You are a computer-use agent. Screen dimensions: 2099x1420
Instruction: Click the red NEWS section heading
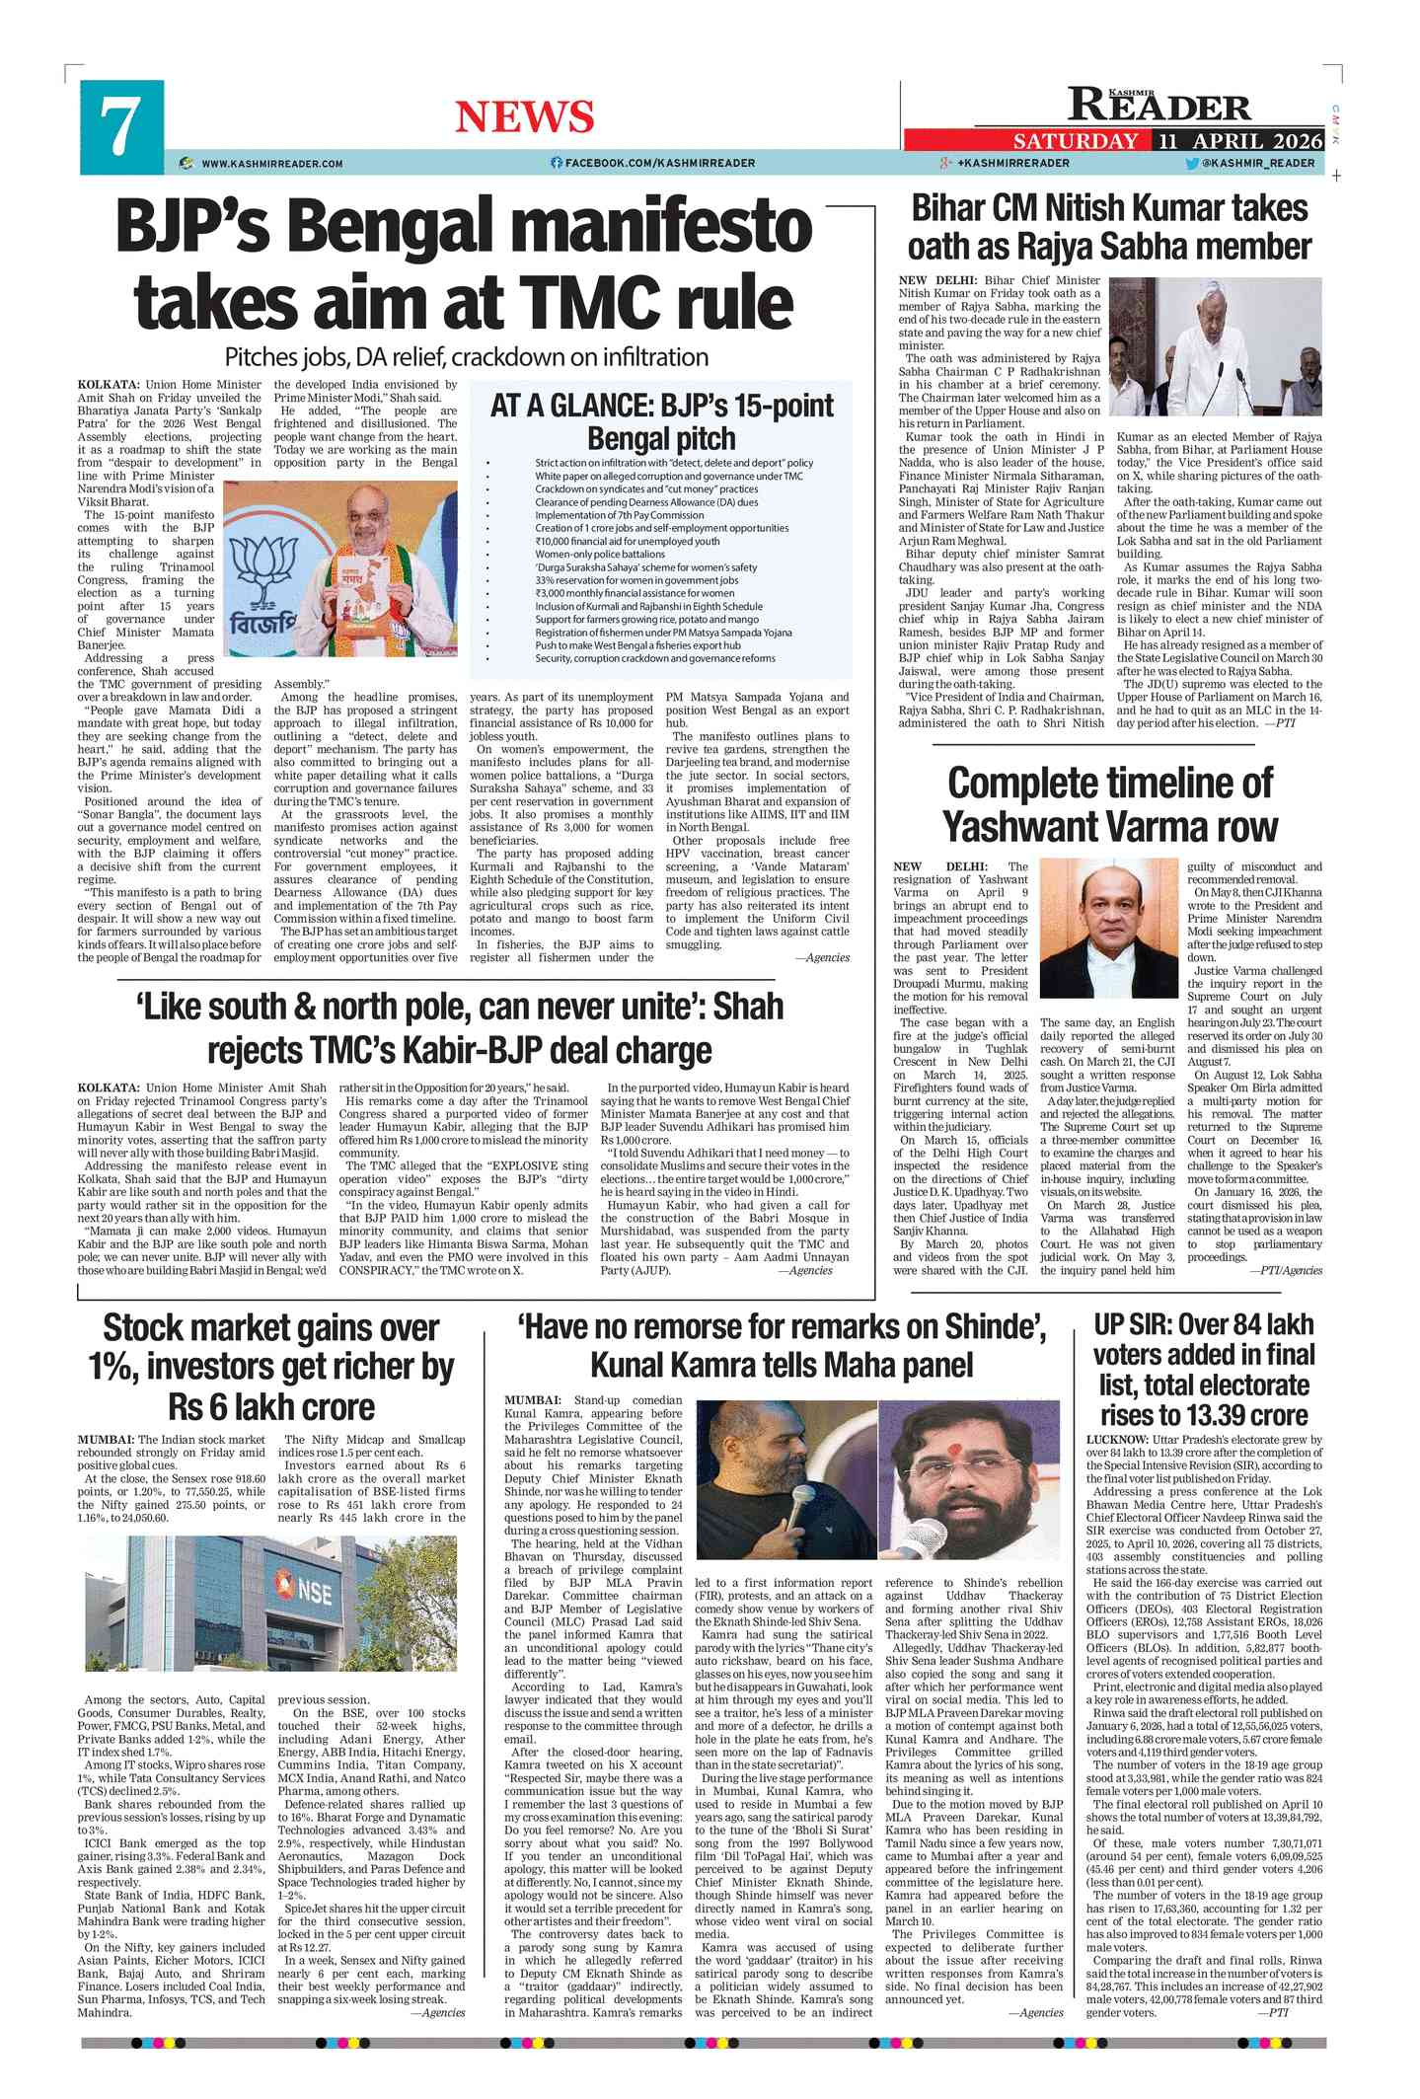(x=524, y=117)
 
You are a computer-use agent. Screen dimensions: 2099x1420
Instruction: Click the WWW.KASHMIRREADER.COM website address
(x=271, y=164)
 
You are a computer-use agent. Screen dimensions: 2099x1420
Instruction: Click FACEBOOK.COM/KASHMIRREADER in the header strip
(x=659, y=163)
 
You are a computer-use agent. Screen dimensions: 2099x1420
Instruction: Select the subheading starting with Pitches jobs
(x=466, y=357)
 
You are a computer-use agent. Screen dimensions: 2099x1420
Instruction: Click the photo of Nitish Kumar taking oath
(x=1216, y=346)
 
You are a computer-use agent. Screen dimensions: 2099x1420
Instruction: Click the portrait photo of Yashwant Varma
(x=1108, y=929)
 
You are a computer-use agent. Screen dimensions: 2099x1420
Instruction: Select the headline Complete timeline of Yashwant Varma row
(x=1109, y=804)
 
